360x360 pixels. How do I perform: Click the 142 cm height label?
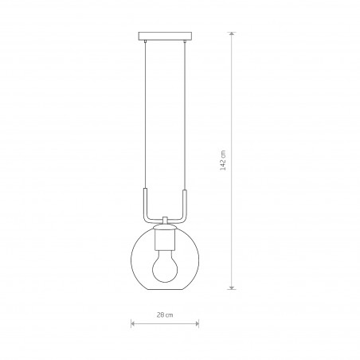click(223, 160)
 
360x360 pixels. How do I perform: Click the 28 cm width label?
click(165, 315)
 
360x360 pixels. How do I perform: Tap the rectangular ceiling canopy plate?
click(165, 36)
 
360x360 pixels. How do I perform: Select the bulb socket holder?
click(165, 240)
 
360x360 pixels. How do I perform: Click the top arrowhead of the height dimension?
click(232, 34)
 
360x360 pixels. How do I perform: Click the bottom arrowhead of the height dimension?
click(232, 288)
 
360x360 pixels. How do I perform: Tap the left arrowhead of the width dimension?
click(133, 323)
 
